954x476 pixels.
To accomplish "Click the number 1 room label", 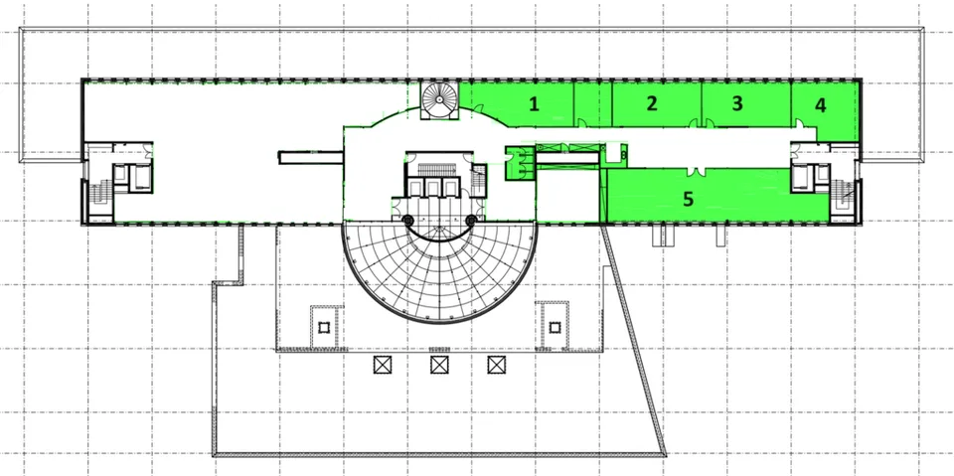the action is pos(534,104).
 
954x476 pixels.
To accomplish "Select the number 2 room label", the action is pos(652,103).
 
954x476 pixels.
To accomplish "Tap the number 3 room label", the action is pos(737,103).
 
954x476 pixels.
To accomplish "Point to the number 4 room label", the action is pos(821,105).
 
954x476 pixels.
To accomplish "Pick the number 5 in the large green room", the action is pos(688,199).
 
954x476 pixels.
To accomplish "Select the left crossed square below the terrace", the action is pos(382,365).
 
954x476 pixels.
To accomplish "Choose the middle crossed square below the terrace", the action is pos(439,365).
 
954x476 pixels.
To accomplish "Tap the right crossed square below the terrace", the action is pos(497,365).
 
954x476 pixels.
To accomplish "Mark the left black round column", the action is pos(407,220).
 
